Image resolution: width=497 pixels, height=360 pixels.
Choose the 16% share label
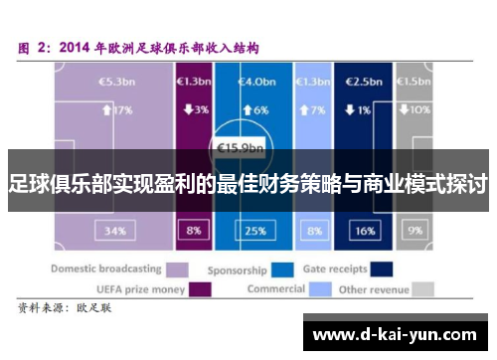[364, 231]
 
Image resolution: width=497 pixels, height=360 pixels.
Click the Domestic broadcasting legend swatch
[178, 269]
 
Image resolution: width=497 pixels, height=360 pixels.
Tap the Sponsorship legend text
[237, 270]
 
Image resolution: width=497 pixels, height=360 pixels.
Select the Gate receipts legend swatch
[380, 269]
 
